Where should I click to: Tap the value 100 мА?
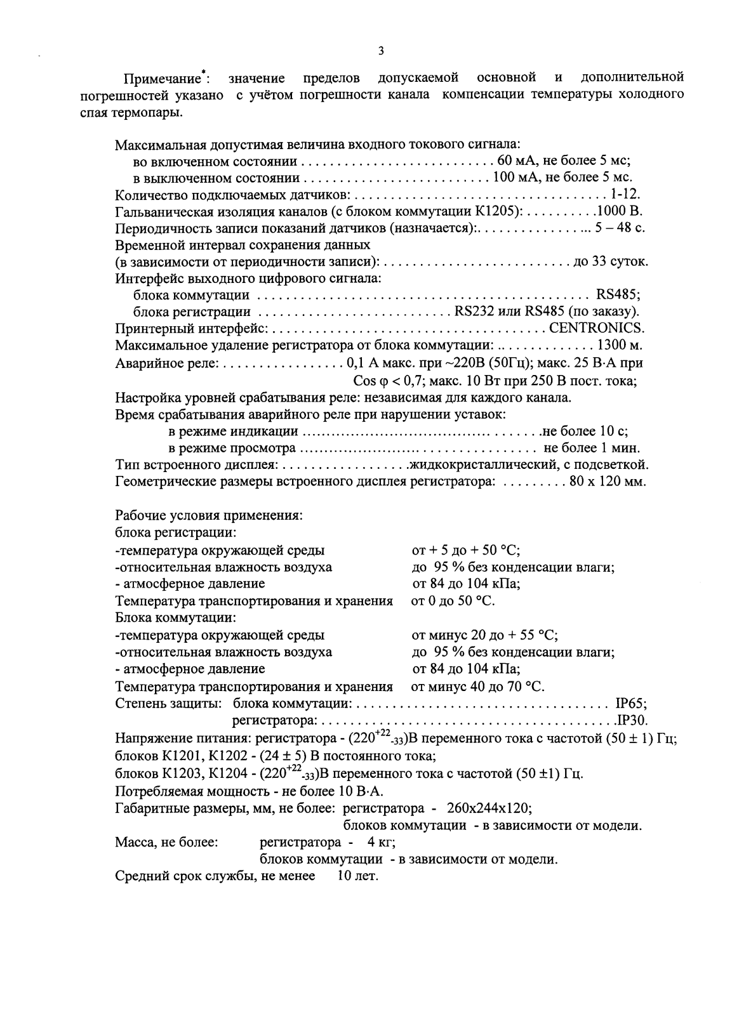click(513, 178)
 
